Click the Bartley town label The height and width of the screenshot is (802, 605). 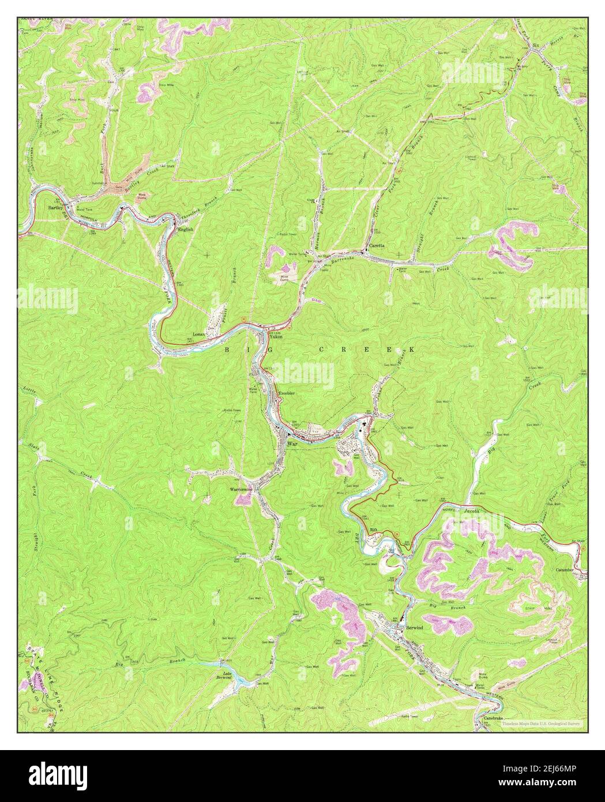(x=55, y=207)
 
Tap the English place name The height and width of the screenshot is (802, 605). (x=185, y=229)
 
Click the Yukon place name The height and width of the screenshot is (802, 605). (x=276, y=339)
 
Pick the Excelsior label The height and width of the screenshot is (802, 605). (x=287, y=393)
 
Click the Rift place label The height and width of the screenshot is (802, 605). (x=373, y=529)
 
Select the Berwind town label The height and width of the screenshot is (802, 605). (x=414, y=627)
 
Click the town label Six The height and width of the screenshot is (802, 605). (x=535, y=44)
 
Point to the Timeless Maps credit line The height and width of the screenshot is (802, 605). (x=542, y=723)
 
